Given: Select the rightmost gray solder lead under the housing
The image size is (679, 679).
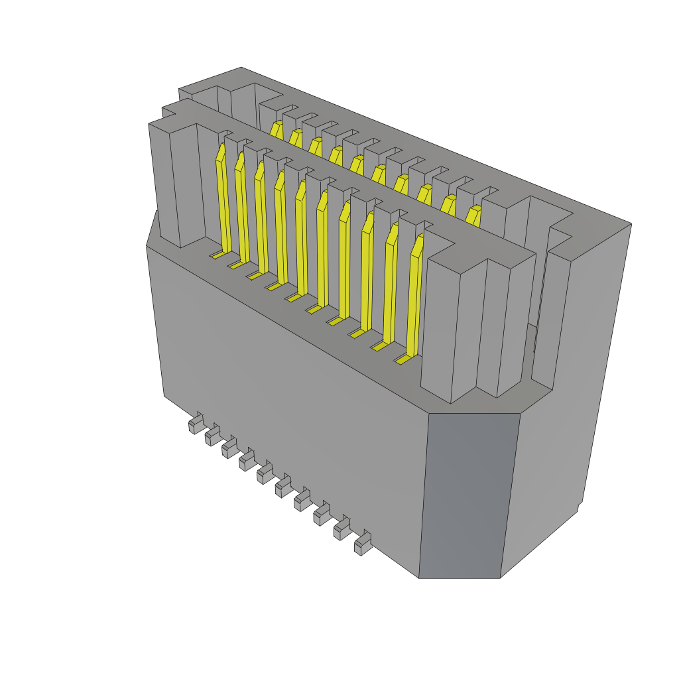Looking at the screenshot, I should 362,544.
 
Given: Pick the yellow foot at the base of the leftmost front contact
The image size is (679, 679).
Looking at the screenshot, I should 217,255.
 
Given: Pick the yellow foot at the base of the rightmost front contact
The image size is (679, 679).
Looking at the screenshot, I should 401,360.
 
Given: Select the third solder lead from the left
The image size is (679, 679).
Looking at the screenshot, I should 229,448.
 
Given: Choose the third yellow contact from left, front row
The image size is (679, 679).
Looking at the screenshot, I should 261,219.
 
